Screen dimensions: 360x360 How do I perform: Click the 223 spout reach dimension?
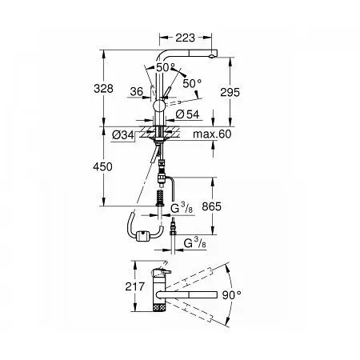[185, 38]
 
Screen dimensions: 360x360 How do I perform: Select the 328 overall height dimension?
[103, 88]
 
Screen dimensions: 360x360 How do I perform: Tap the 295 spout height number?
[230, 92]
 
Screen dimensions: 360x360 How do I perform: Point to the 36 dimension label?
[137, 91]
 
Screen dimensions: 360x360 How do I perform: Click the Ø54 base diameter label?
[187, 114]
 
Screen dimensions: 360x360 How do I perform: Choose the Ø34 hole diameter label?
[123, 135]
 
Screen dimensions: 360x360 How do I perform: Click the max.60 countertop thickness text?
[212, 134]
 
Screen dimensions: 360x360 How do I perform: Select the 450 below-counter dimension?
[102, 167]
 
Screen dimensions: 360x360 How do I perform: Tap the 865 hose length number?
[211, 206]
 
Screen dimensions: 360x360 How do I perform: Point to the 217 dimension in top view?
[135, 286]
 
